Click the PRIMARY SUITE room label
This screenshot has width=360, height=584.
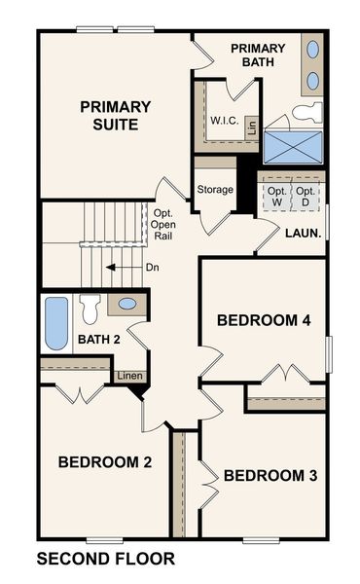pos(115,116)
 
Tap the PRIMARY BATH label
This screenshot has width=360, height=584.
pos(258,55)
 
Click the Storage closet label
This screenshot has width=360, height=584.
pos(215,190)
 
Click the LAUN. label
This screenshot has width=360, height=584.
pos(302,233)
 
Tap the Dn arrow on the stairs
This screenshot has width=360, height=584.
pos(121,267)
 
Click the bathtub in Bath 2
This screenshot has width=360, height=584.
pos(56,323)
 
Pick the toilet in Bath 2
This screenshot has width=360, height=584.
pos(90,309)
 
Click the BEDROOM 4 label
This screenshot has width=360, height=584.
pos(263,319)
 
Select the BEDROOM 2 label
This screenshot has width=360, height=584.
pos(104,462)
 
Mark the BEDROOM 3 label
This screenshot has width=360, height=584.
pos(270,476)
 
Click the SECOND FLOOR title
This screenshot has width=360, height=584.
pos(105,559)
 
